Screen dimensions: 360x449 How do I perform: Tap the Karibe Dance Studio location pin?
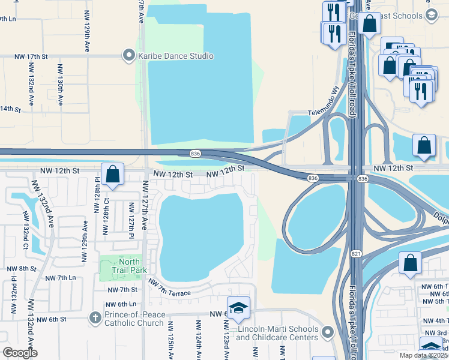[128, 56]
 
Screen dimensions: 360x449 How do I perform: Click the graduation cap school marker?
[238, 308]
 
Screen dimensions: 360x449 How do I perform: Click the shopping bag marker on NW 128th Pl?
[112, 174]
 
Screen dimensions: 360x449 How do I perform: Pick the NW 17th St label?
[31, 56]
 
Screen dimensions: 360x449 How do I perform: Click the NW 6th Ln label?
[122, 304]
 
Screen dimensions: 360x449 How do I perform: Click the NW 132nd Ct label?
[26, 227]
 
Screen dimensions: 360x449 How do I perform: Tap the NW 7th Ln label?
[63, 278]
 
